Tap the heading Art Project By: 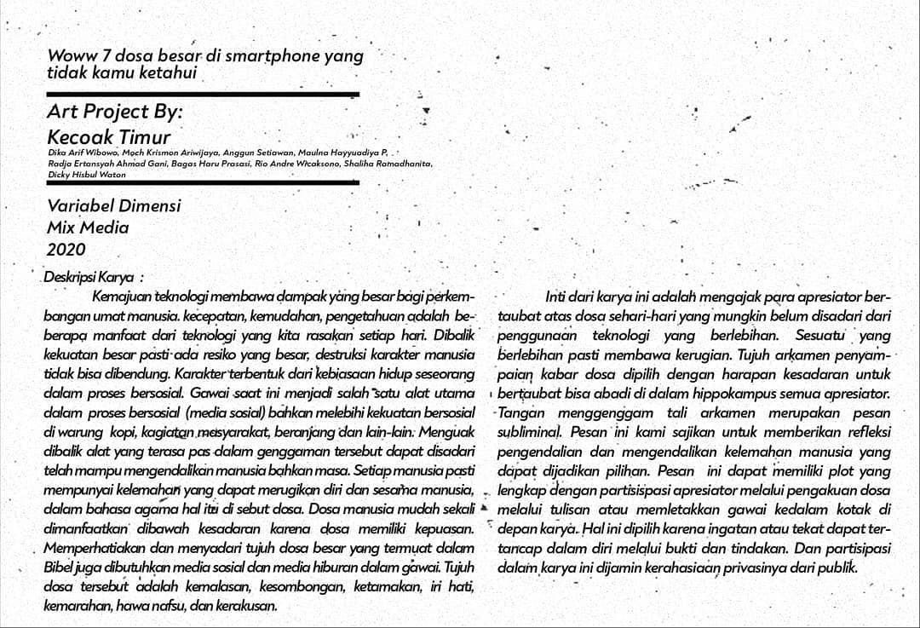click(114, 112)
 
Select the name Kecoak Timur click(108, 137)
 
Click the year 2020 click(66, 250)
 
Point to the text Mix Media click(88, 228)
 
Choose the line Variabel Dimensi click(113, 205)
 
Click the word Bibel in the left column click(58, 567)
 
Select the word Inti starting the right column click(556, 297)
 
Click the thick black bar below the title click(203, 93)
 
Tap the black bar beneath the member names click(203, 182)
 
